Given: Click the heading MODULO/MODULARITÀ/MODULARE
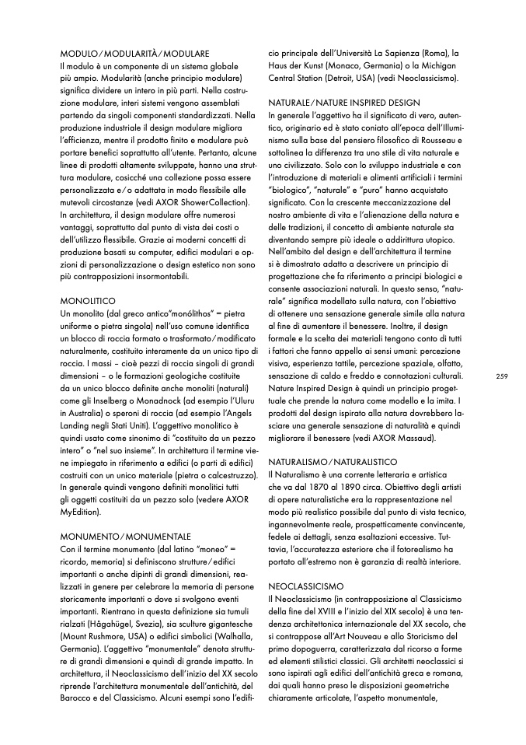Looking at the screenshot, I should [x=134, y=54].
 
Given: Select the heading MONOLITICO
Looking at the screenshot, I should [x=88, y=299].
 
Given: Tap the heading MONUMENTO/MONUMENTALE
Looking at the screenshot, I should [x=125, y=537].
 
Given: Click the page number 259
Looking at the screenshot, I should [x=500, y=376].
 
